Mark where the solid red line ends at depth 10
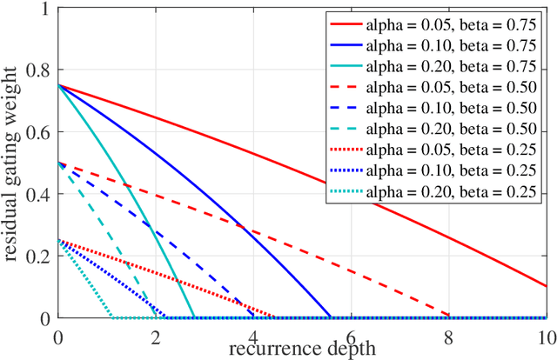[x=546, y=286]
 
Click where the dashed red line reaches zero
[x=449, y=317]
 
